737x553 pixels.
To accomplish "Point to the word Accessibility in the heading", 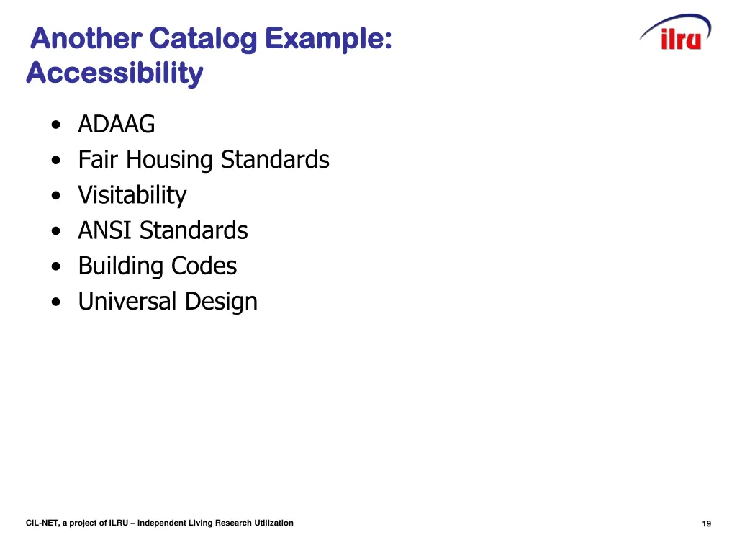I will [114, 73].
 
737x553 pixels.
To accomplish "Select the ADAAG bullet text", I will [117, 125].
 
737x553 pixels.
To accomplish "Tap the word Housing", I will [170, 160].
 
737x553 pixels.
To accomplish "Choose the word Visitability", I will [132, 195].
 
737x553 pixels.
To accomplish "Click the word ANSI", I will [106, 230].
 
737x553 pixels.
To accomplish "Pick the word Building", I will [121, 266].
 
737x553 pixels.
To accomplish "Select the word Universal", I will [128, 301].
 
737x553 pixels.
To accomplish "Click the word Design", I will [221, 301].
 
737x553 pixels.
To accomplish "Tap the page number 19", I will [706, 524].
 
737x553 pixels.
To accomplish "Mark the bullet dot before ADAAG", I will [56, 125].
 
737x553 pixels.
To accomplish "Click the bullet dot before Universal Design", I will [56, 302].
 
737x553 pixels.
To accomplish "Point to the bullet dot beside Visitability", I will [56, 196].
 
